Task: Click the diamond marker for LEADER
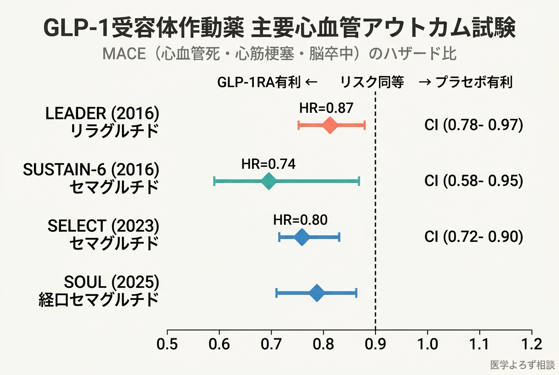click(330, 125)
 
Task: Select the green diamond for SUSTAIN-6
click(268, 181)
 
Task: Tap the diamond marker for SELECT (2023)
click(302, 237)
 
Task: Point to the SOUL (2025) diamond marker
click(317, 293)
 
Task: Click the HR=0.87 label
click(326, 108)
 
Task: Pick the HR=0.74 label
click(268, 164)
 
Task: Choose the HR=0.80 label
click(300, 220)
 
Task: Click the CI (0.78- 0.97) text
click(474, 125)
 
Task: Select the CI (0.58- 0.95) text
click(474, 181)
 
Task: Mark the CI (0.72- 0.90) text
click(474, 237)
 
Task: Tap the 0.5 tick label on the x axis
click(167, 344)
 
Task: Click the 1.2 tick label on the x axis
click(531, 344)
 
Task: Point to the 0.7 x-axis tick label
click(271, 344)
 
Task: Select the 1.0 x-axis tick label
click(427, 344)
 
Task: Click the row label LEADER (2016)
click(102, 114)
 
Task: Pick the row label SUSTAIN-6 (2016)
click(91, 169)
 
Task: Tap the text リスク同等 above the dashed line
click(372, 82)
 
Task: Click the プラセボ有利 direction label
click(474, 82)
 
